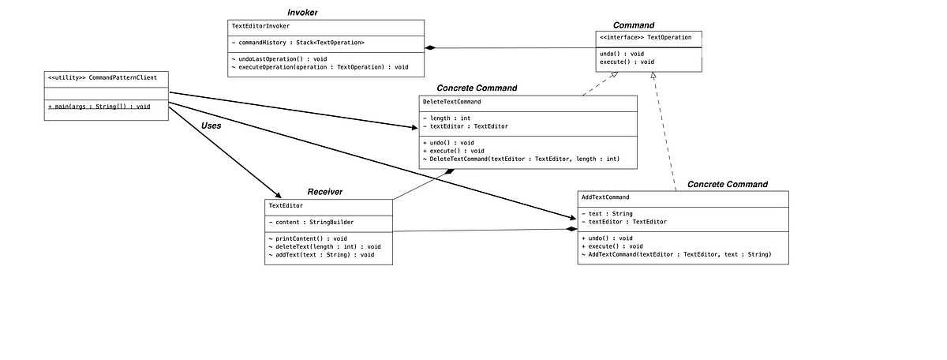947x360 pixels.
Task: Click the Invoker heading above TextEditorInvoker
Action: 302,13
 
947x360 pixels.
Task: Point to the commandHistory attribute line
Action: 298,43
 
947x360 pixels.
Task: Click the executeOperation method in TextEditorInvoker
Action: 320,68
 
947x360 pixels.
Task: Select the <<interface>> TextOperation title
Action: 646,37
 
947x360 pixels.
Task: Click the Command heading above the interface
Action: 633,25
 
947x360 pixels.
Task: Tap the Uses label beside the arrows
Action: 211,126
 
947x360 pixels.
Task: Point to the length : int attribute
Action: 447,118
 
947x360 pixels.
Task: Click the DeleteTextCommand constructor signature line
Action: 521,159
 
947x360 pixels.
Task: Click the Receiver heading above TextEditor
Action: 324,192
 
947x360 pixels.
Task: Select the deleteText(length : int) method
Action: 324,247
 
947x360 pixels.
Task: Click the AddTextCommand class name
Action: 605,197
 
